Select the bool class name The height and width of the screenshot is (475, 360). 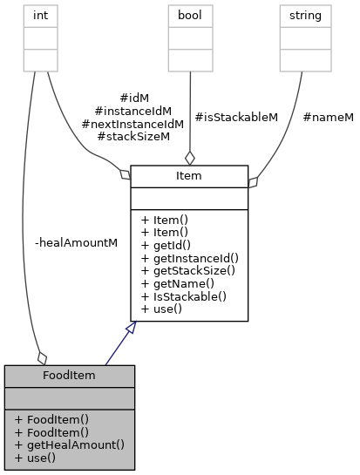(190, 15)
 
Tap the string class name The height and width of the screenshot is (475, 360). (305, 15)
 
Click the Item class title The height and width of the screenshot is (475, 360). (189, 177)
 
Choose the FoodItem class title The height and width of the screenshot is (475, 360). (70, 377)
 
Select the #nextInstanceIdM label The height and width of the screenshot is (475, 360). (132, 124)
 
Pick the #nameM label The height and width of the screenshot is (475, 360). (328, 117)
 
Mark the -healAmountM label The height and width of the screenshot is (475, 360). (76, 242)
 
